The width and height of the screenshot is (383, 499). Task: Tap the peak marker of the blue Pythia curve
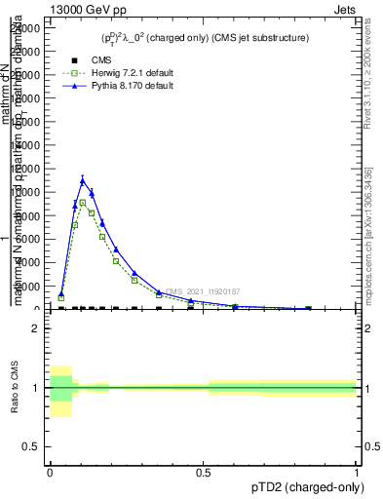coord(83,179)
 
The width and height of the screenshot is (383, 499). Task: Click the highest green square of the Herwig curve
coord(83,203)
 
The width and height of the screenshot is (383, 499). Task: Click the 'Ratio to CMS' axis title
coord(16,388)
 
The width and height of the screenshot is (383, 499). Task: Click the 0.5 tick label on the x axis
coord(203,472)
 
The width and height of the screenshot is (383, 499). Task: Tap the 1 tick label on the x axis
coord(357,472)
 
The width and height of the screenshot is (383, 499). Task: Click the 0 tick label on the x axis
coord(50,472)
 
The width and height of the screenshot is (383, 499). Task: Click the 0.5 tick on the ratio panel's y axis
coord(32,447)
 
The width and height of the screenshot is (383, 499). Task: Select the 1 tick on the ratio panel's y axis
coord(36,388)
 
